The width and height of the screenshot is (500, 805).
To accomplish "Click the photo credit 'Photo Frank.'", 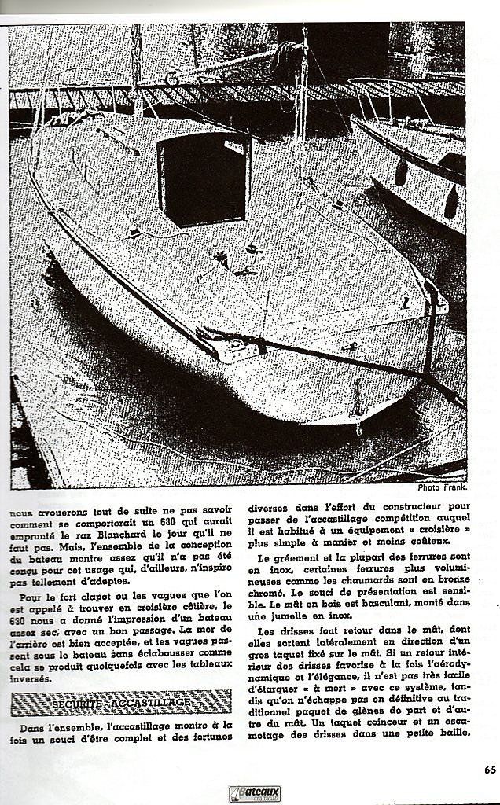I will tap(443, 487).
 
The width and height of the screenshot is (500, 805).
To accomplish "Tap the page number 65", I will tap(489, 770).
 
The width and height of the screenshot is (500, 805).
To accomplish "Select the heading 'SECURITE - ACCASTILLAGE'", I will tap(120, 701).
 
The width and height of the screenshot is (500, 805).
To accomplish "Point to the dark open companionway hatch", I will tap(204, 178).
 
